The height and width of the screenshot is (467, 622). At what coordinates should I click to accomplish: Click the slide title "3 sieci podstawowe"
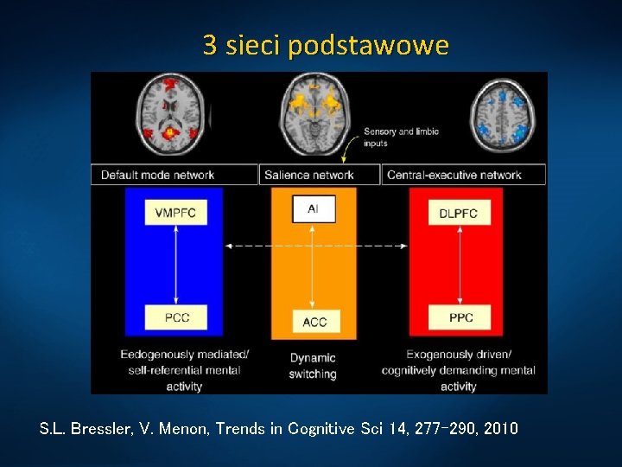point(326,45)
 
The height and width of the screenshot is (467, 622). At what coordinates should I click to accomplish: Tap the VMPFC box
point(175,214)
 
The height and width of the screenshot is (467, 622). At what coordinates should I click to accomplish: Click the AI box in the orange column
point(313,209)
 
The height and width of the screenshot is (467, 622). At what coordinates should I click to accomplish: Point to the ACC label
point(314,323)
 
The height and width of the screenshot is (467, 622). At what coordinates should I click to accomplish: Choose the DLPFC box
point(458,214)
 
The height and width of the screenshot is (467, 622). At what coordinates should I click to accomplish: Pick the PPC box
point(460,317)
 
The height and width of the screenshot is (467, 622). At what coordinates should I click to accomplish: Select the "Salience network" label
point(309,175)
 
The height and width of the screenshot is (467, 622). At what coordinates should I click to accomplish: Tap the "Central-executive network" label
point(454,175)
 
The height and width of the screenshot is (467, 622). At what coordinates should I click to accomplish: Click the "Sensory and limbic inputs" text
point(401,137)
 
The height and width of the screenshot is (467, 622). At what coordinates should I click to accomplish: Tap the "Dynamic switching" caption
point(313,366)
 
